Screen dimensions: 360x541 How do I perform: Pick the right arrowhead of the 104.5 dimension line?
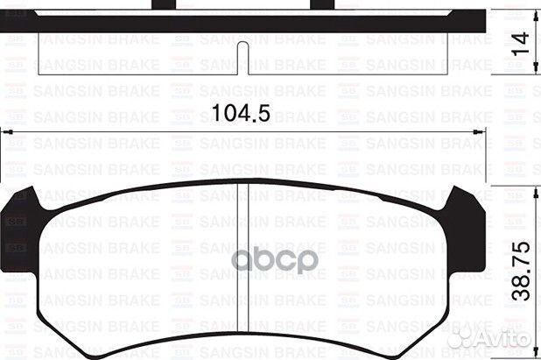point(484,131)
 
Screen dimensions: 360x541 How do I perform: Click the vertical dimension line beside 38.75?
point(501,263)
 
